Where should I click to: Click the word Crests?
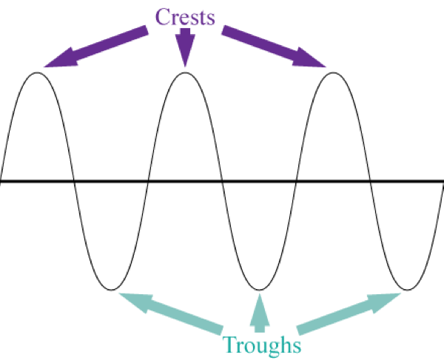[185, 16]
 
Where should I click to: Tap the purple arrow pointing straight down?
[185, 48]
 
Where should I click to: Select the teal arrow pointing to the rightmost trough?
[347, 311]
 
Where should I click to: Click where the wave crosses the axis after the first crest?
[74, 181]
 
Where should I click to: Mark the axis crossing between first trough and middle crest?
[148, 181]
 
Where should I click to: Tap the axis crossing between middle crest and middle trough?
[222, 181]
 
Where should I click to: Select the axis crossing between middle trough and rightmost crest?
[296, 181]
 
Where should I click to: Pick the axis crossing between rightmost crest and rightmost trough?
[370, 181]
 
